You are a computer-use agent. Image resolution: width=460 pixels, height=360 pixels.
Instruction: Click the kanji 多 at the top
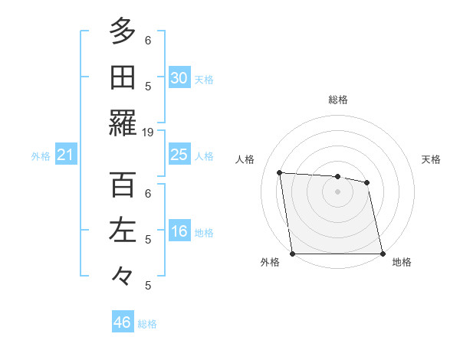(123, 32)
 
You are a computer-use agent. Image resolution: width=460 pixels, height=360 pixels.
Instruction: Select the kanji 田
(123, 77)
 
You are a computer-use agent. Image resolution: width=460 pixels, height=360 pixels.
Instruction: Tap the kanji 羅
(123, 123)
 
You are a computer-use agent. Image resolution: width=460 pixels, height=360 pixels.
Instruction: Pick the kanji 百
(123, 185)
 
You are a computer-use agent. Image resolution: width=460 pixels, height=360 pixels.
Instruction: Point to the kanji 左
(123, 231)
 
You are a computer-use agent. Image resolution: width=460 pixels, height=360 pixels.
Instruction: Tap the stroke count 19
(148, 132)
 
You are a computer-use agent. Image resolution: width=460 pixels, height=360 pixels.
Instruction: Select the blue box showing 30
(179, 78)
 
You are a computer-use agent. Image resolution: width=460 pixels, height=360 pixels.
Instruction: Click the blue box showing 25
(179, 155)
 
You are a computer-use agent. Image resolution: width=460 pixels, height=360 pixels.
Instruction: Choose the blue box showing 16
(179, 232)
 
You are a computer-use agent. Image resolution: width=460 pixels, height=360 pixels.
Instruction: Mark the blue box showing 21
(66, 155)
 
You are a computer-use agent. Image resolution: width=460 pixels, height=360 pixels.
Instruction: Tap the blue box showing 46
(123, 322)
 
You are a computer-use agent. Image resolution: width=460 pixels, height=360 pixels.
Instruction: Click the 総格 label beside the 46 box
(147, 324)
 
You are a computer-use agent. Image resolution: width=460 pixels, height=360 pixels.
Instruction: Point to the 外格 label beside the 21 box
(41, 156)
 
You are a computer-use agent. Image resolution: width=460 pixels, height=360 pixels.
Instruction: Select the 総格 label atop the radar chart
(338, 100)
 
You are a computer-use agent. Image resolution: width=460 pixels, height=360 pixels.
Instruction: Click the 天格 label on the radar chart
(431, 159)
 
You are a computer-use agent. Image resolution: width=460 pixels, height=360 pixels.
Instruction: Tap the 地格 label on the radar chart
(402, 262)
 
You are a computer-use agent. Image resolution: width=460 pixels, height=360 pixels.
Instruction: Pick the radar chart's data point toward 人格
(280, 172)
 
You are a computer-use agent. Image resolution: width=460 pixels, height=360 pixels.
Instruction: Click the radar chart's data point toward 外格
(293, 254)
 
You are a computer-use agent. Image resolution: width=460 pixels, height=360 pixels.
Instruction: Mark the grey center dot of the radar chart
(337, 191)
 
